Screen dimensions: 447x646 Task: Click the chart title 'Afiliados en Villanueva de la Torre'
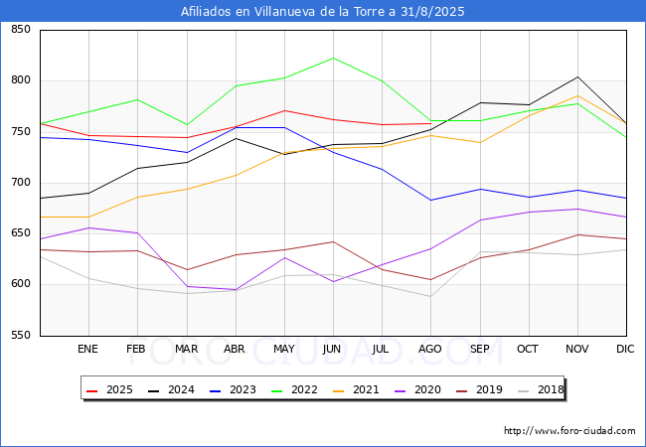(322, 12)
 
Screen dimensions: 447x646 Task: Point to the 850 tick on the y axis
(20, 30)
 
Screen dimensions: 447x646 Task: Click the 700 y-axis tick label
(20, 183)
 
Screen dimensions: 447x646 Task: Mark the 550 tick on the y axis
(20, 336)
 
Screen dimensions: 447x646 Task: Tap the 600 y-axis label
(20, 285)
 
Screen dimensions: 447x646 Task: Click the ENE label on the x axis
(87, 349)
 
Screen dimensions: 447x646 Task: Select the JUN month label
(333, 349)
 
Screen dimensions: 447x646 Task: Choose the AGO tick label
(430, 349)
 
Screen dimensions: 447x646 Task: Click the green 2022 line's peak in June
(333, 58)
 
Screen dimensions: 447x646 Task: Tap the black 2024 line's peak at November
(577, 76)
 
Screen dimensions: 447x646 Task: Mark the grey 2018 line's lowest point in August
(430, 296)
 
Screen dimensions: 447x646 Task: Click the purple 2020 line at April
(235, 289)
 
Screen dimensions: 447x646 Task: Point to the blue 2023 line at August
(430, 200)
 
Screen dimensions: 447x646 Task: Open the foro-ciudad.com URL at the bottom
(569, 431)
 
